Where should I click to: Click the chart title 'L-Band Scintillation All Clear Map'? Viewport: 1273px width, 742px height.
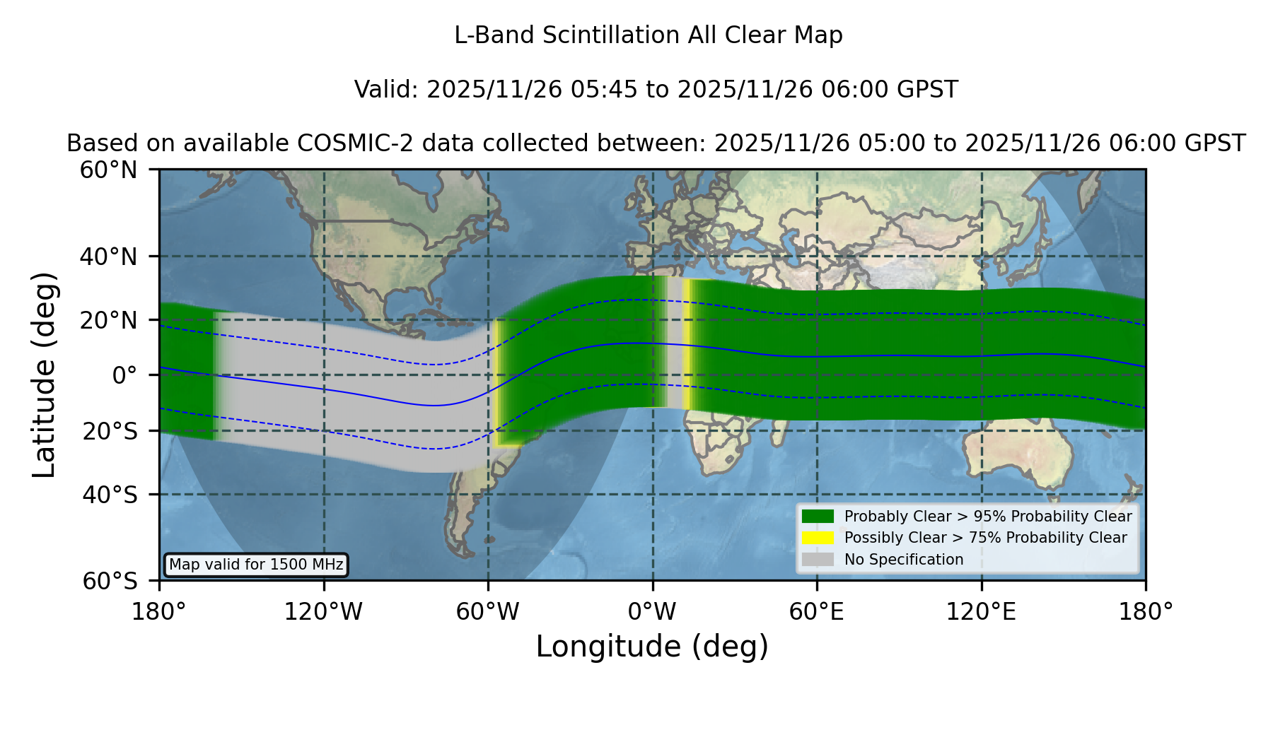(x=649, y=35)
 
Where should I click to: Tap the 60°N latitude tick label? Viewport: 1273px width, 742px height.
(x=108, y=170)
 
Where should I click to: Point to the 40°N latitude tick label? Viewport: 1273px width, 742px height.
(x=108, y=257)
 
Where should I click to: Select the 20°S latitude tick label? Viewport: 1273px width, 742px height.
(x=110, y=431)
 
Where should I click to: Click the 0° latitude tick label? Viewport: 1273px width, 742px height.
(x=124, y=375)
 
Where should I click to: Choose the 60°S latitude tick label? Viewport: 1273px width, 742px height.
(x=110, y=581)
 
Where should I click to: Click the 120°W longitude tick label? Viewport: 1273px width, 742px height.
(x=323, y=612)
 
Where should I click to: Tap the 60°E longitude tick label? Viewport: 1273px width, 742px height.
(x=817, y=612)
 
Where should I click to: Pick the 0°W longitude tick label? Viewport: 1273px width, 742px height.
(x=652, y=612)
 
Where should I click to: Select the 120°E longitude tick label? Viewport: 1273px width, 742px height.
(x=981, y=612)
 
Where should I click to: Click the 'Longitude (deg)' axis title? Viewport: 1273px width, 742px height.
(x=652, y=647)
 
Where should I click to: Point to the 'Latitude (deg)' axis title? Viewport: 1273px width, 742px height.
(x=44, y=375)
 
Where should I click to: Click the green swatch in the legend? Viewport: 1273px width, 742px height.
(x=818, y=516)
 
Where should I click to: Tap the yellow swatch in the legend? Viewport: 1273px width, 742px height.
(x=818, y=538)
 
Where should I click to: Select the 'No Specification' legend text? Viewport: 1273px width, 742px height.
(x=904, y=560)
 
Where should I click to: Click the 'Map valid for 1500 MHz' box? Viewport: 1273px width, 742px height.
(x=256, y=565)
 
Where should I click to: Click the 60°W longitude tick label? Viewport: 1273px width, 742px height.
(x=488, y=612)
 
